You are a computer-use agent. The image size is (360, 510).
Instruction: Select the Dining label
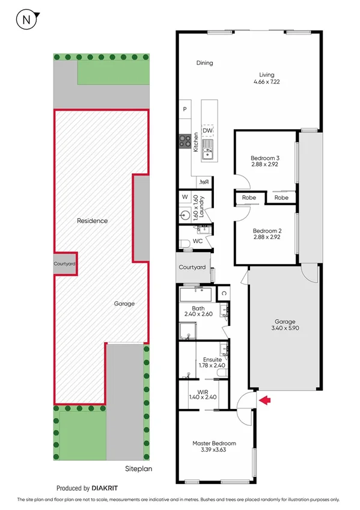[x=204, y=63]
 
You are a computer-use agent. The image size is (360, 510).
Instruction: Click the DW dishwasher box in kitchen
[x=207, y=130]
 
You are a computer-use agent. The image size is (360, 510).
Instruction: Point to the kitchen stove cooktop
[x=184, y=141]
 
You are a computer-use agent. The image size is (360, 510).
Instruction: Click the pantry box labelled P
[x=185, y=109]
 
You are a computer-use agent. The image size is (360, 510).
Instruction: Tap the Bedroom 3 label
[x=265, y=158]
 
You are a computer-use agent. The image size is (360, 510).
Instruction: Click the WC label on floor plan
[x=197, y=241]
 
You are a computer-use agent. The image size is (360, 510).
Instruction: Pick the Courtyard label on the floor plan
[x=192, y=267]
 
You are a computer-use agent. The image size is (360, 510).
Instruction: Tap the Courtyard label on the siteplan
[x=64, y=263]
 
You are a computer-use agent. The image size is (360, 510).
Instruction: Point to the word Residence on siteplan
[x=92, y=221]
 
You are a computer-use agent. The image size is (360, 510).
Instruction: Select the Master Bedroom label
[x=214, y=443]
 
